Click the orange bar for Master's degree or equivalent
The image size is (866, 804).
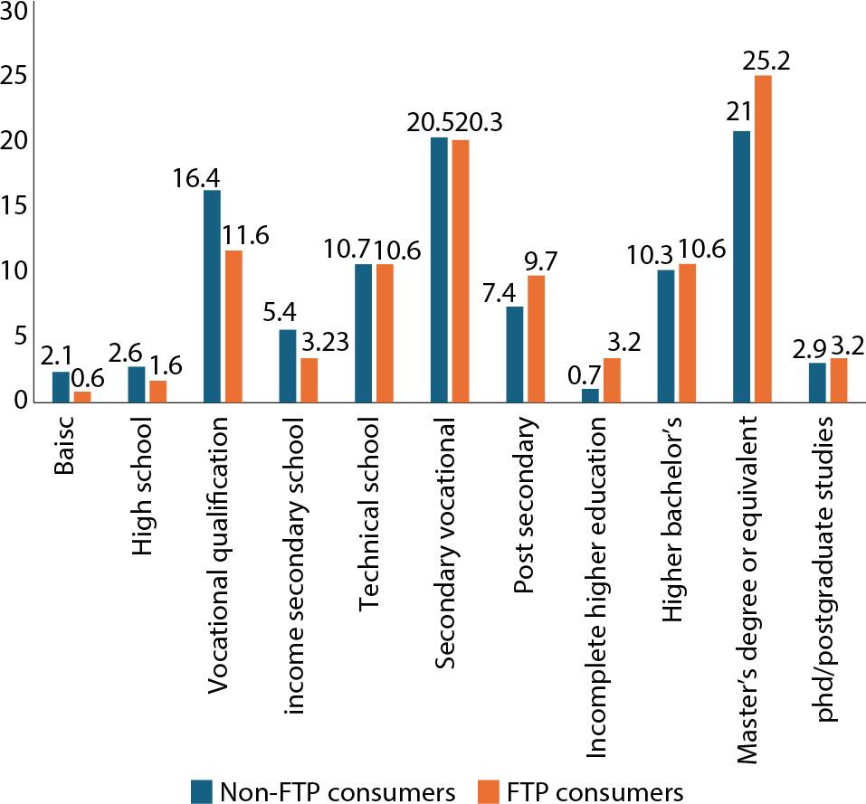coord(763,239)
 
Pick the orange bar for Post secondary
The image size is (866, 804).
coord(536,338)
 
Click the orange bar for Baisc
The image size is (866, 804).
coord(82,397)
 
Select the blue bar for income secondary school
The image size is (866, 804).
coord(288,365)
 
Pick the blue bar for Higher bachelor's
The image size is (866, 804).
coord(665,336)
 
